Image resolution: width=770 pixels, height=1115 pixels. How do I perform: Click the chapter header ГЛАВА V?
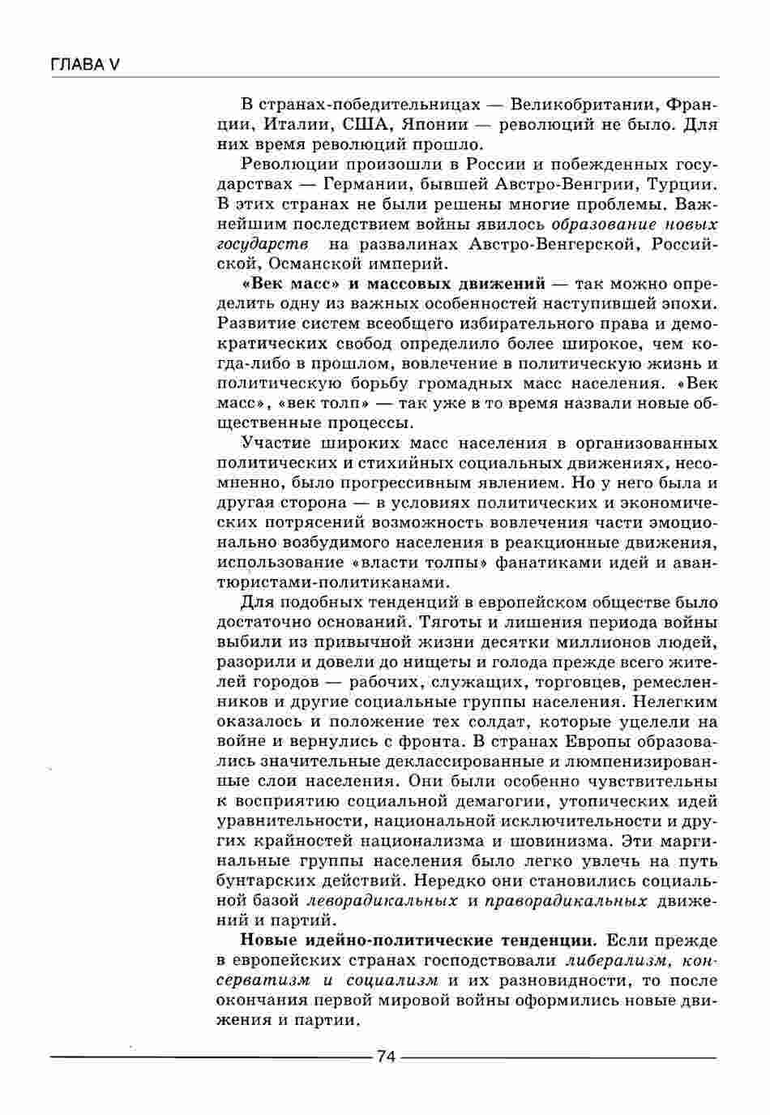[84, 64]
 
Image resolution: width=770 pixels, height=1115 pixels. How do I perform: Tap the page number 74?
[385, 1056]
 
